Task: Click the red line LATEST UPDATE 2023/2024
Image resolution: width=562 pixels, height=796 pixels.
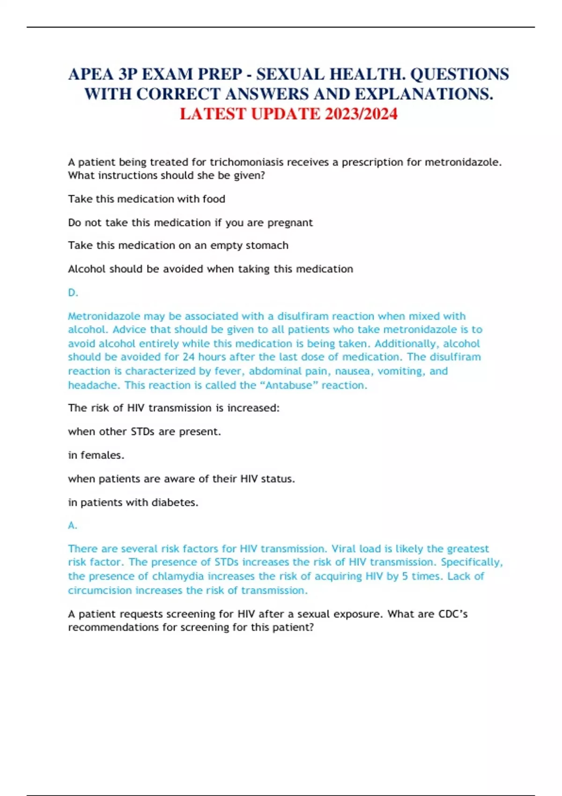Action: point(288,114)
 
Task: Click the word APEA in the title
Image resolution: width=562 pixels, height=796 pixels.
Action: point(91,74)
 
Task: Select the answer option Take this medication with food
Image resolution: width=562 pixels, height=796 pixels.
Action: point(147,199)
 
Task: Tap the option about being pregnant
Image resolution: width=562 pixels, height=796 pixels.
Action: point(190,222)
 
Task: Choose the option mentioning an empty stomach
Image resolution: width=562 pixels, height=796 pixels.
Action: point(178,245)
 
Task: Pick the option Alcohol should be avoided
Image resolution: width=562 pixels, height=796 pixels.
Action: point(210,269)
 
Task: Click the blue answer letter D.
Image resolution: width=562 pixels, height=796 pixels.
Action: point(73,293)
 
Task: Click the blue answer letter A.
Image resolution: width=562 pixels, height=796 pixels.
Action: point(72,525)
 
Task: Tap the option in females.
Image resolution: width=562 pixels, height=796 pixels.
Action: point(96,455)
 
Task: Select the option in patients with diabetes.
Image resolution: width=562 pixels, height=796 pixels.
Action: point(133,502)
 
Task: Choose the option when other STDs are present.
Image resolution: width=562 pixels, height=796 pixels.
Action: point(144,431)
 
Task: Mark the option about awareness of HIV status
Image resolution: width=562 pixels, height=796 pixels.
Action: point(181,479)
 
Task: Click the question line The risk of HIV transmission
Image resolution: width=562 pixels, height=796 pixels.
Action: point(173,408)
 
